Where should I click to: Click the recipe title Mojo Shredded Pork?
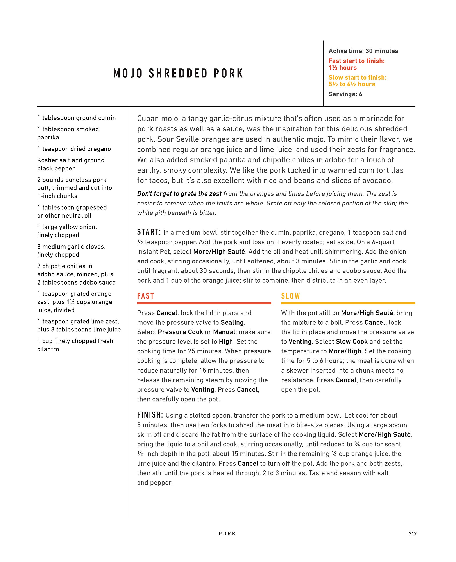(178, 73)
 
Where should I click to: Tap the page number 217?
(412, 534)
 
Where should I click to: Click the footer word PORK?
(227, 534)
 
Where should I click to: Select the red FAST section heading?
(145, 296)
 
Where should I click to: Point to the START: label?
(149, 232)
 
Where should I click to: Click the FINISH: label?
(150, 415)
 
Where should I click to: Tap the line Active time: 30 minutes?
(363, 51)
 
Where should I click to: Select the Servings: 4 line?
(345, 94)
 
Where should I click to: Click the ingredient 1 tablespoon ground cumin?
(76, 118)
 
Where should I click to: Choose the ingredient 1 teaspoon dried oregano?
(74, 149)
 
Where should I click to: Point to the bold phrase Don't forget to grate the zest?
(179, 194)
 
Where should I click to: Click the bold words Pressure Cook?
(180, 332)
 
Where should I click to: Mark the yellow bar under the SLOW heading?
(348, 303)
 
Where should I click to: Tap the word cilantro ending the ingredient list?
(48, 349)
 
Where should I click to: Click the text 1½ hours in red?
(343, 68)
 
